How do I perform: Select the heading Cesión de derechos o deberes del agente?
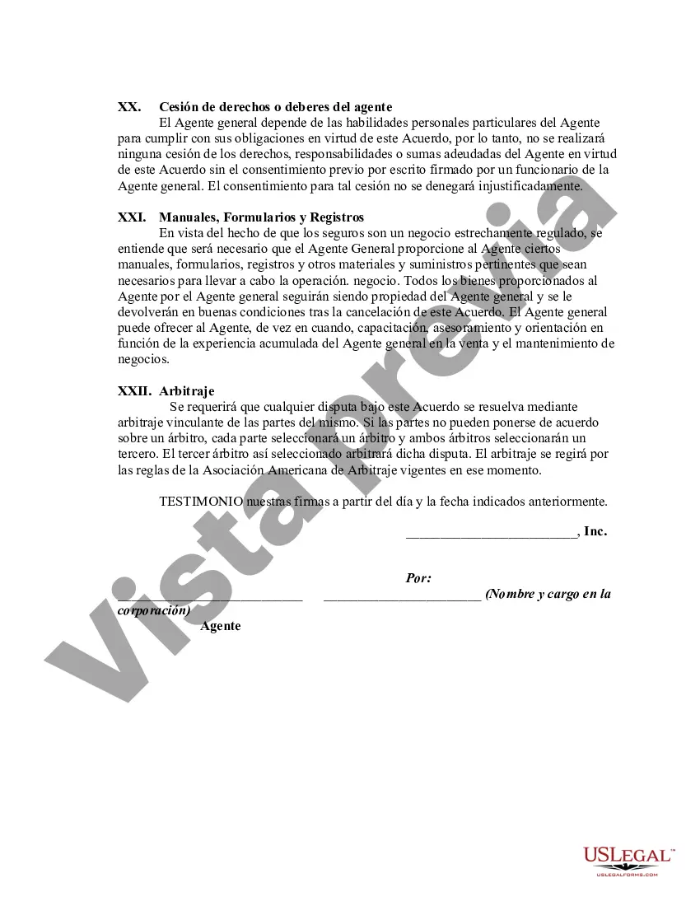(275, 107)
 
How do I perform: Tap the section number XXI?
(132, 217)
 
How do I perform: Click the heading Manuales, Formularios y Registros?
(261, 217)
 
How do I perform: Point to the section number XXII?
(134, 391)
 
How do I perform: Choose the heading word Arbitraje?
(187, 391)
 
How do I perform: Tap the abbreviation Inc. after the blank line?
(595, 531)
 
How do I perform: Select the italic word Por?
(418, 578)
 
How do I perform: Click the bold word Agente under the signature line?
(221, 626)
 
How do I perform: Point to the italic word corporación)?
(154, 610)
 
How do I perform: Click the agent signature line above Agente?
(211, 597)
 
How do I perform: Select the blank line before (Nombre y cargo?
(402, 597)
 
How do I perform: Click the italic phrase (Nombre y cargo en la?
(548, 594)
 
